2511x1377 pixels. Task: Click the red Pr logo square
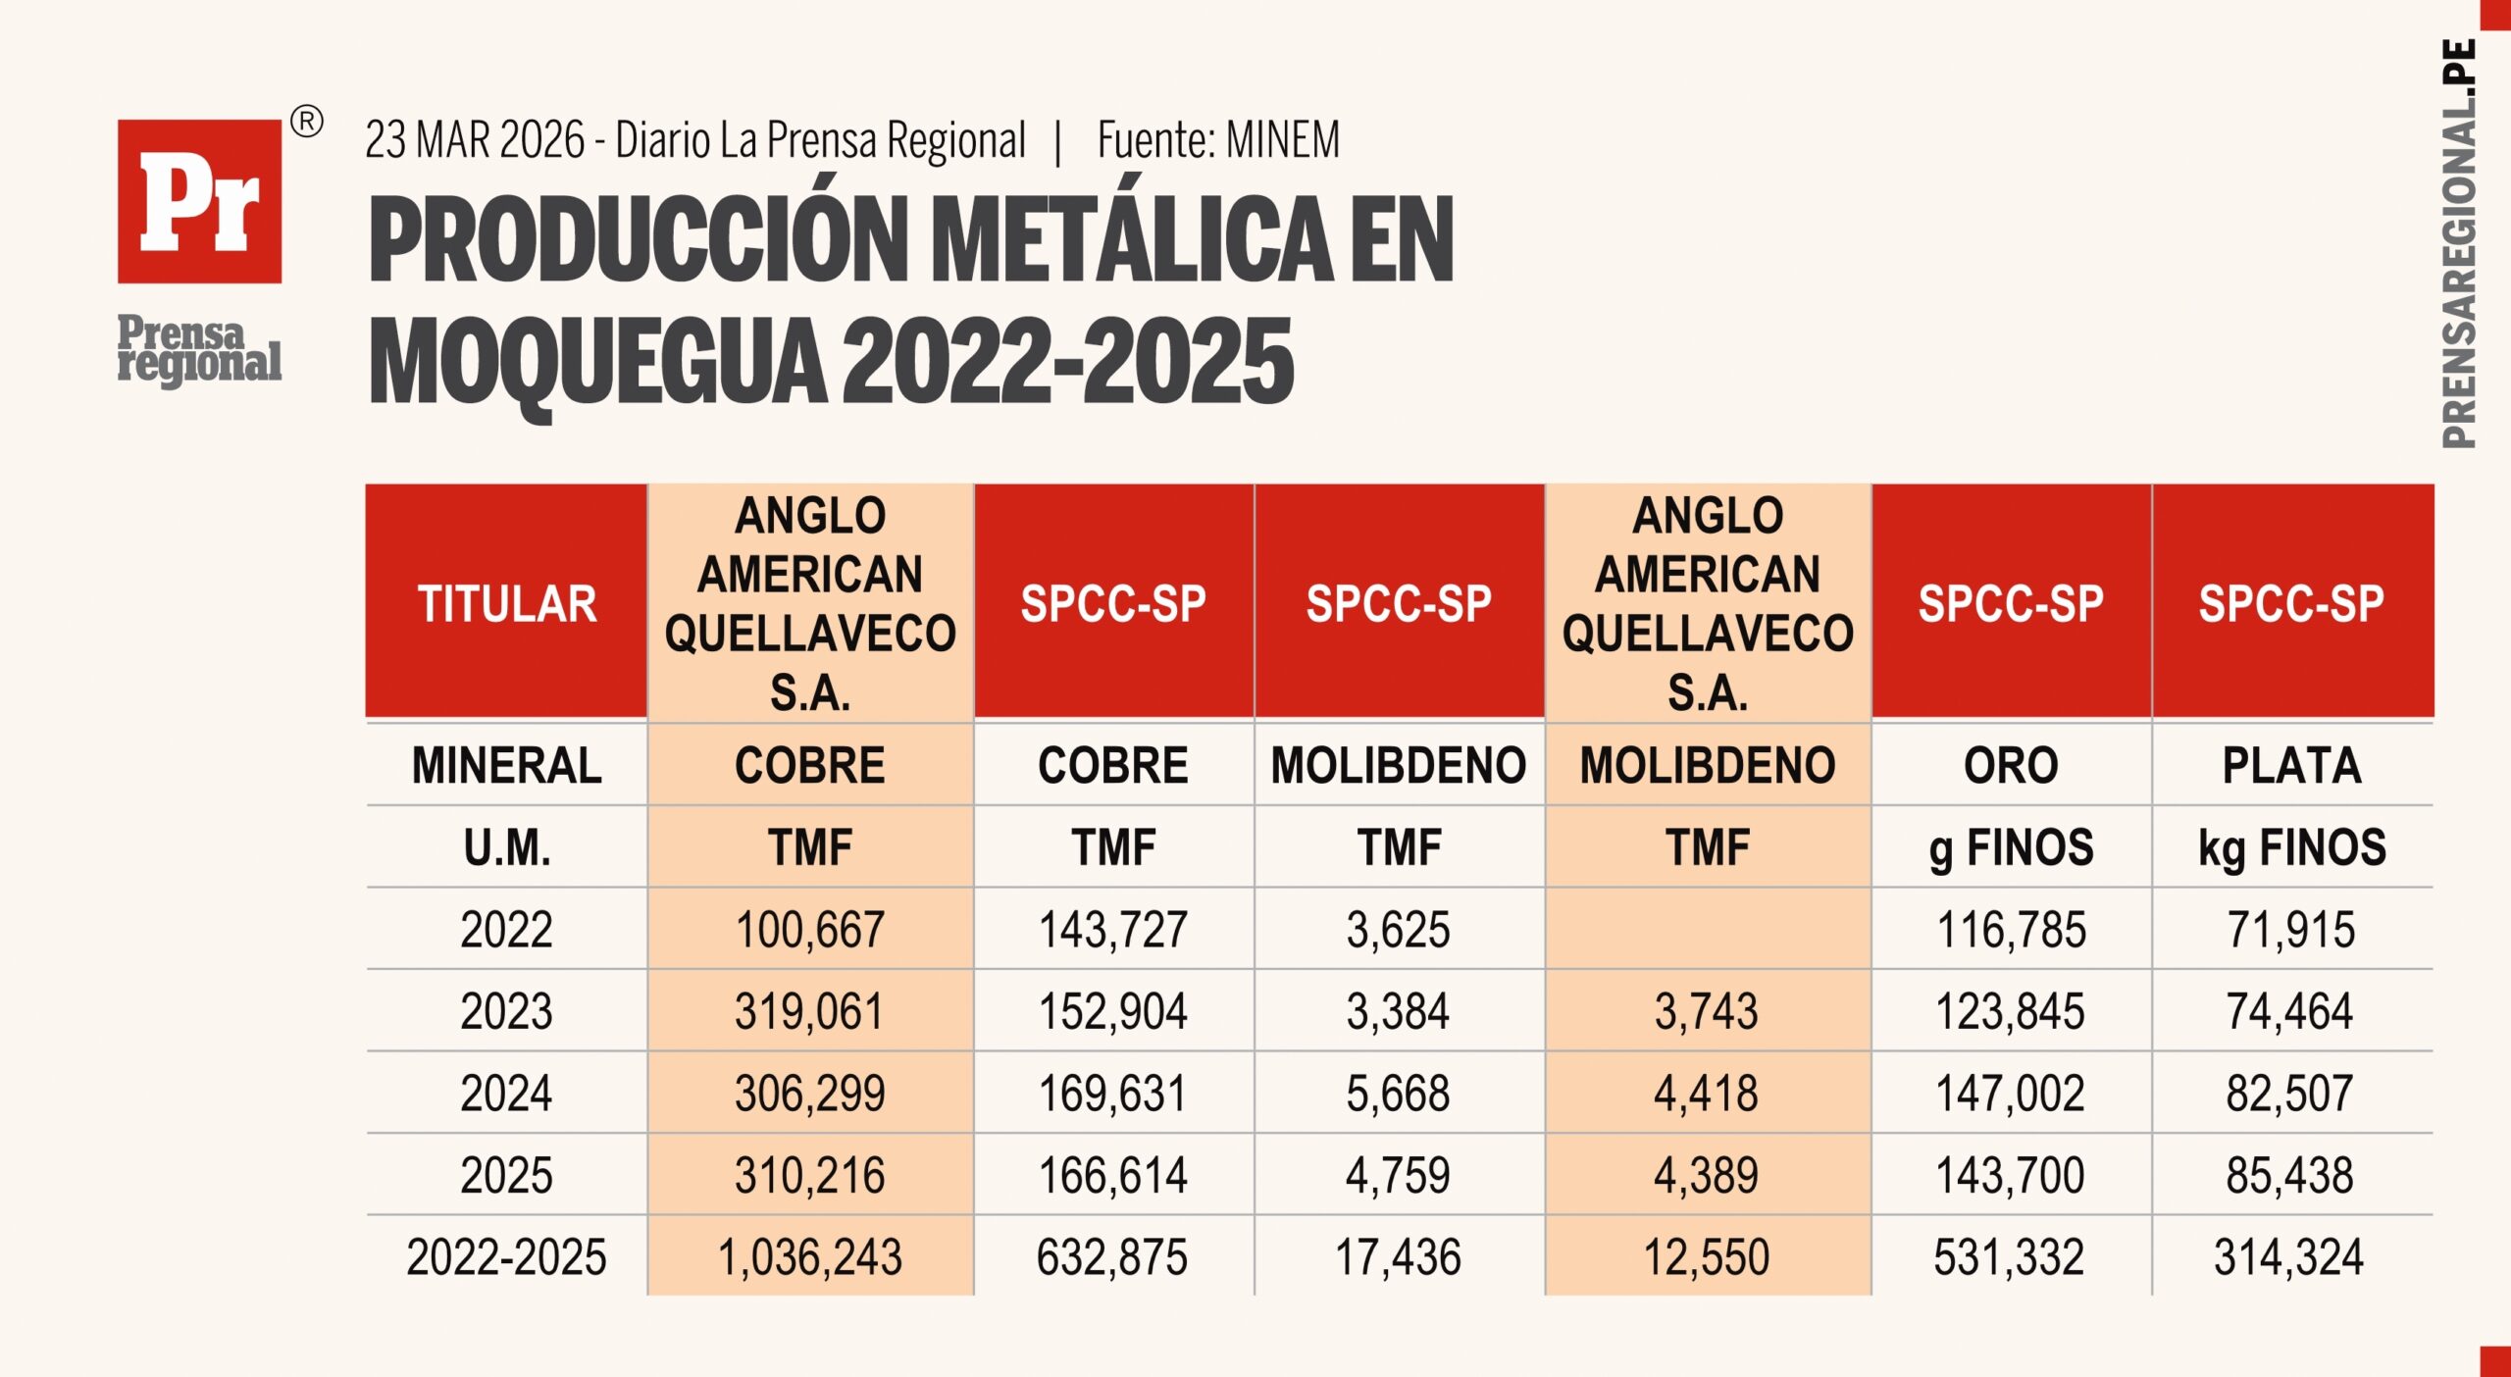[199, 201]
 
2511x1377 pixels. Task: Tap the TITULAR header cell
[506, 603]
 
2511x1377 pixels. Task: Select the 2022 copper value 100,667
[810, 930]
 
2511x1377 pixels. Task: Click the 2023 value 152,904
[1112, 1011]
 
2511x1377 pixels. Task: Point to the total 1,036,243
[810, 1257]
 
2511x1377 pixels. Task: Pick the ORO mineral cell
[2011, 765]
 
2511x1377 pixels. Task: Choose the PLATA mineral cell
[2291, 765]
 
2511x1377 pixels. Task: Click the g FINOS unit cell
[2011, 848]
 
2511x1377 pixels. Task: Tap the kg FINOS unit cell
[2291, 848]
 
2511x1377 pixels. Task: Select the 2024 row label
[506, 1094]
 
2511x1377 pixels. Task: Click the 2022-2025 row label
[506, 1257]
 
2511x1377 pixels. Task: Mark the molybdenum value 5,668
[1398, 1094]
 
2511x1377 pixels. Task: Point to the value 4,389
[1707, 1175]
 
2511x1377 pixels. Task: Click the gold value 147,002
[2011, 1094]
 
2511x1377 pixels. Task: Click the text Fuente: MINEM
[1218, 140]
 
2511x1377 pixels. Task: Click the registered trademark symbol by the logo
[307, 123]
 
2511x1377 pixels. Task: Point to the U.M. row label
[506, 848]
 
